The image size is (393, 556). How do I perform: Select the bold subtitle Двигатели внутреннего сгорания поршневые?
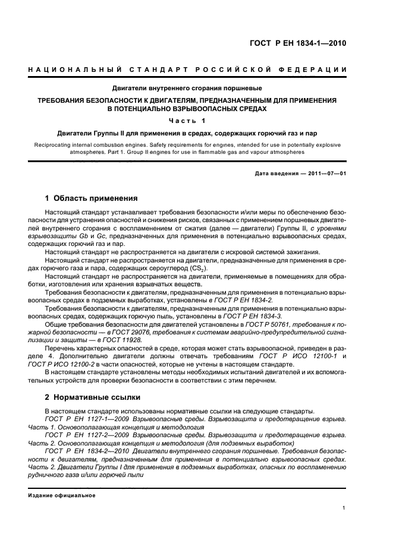pos(188,89)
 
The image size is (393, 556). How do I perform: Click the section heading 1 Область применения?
pos(92,198)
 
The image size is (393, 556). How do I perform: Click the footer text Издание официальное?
pos(58,495)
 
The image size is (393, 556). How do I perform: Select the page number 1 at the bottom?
pos(344,508)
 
